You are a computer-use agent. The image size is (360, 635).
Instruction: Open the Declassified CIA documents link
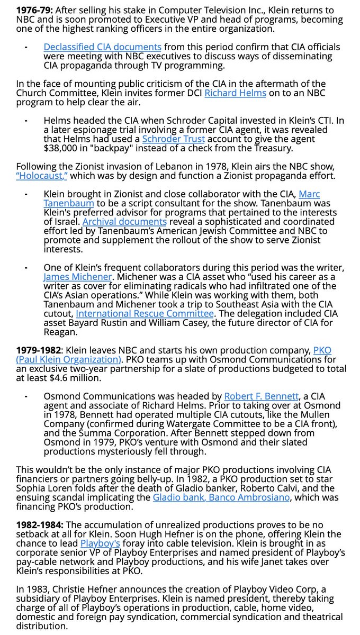click(x=103, y=47)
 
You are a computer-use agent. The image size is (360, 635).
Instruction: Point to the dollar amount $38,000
click(x=61, y=148)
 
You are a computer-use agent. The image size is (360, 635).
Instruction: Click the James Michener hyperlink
click(x=78, y=276)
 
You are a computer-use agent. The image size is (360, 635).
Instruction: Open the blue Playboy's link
click(x=101, y=543)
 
